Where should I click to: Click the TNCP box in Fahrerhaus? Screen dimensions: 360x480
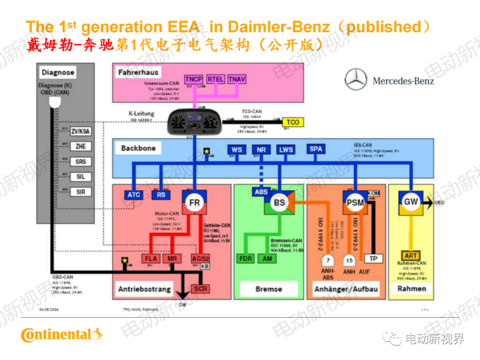point(194,80)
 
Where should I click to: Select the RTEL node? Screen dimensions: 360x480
point(216,80)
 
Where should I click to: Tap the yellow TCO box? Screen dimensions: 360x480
point(292,122)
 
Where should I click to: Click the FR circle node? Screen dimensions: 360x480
point(195,203)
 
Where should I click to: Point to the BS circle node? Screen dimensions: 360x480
point(279,203)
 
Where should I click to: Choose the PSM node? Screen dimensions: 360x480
point(355,203)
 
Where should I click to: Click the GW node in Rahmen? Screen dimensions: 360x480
point(411,202)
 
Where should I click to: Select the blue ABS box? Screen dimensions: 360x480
point(261,192)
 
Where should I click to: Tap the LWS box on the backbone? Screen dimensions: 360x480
point(286,150)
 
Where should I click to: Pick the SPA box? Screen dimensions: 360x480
point(316,149)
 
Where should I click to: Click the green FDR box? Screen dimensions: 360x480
point(246,259)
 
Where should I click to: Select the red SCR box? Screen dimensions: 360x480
point(200,288)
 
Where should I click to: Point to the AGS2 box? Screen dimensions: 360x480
point(200,259)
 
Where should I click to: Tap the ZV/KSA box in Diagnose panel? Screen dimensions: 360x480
point(80,131)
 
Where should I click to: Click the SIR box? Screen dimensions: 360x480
point(80,192)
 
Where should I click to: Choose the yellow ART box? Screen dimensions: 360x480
point(411,256)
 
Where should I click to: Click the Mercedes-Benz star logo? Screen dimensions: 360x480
point(356,80)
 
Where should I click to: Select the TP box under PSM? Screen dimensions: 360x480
point(373,259)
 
